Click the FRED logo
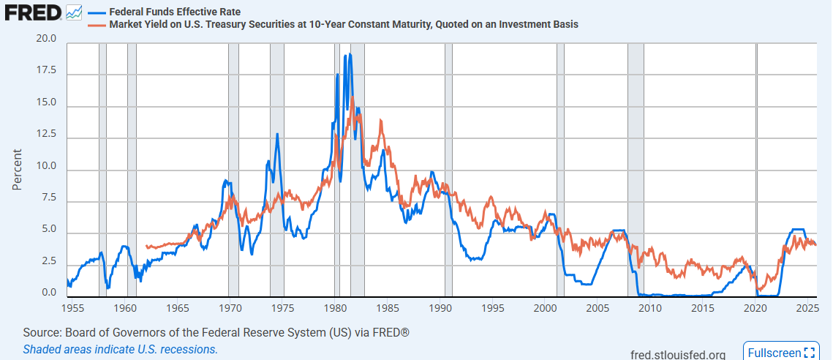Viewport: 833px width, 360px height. [x=32, y=12]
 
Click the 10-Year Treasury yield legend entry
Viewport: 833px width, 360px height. [x=344, y=24]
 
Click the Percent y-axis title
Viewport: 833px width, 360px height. [x=17, y=169]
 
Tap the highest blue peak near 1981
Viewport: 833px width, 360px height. [x=350, y=54]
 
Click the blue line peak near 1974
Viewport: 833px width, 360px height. [x=277, y=134]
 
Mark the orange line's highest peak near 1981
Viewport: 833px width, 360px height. [x=352, y=97]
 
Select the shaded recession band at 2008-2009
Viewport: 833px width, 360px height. [x=635, y=168]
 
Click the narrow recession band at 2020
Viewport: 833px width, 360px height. [x=756, y=168]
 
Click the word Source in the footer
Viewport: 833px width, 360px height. [x=41, y=333]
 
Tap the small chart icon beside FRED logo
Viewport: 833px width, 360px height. [x=73, y=12]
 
